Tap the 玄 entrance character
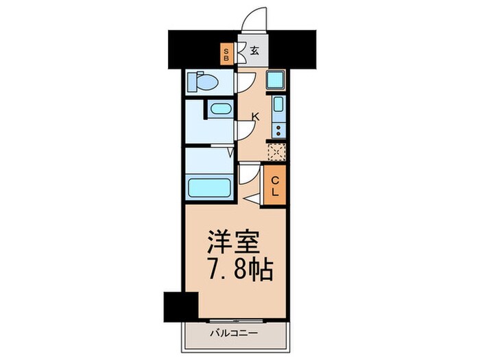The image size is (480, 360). pos(254,50)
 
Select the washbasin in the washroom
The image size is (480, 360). pos(219,108)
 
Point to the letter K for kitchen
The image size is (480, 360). pos(255,117)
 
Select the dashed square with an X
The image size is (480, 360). pos(276,152)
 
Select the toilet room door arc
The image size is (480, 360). pos(243,82)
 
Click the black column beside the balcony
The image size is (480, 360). pos(180,304)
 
